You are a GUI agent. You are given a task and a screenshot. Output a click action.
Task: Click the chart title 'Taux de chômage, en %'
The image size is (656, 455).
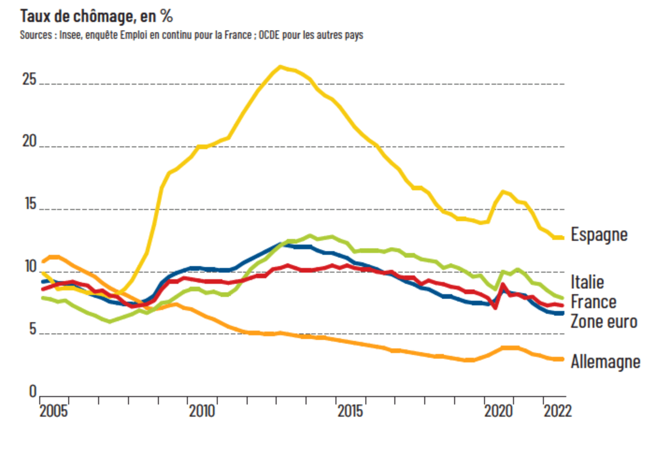tap(96, 16)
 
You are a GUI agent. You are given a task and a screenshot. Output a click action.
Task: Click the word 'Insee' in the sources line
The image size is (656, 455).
tap(70, 35)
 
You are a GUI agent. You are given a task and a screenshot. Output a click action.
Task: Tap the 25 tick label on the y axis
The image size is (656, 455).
tap(29, 79)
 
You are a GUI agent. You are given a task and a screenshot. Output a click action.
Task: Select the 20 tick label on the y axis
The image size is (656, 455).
tap(29, 141)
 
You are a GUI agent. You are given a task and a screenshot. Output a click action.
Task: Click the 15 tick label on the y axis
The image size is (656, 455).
tap(30, 204)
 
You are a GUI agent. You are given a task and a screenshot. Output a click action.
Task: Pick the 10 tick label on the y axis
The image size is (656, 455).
tap(30, 267)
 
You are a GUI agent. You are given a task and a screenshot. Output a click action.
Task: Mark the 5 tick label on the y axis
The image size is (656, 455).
tap(32, 329)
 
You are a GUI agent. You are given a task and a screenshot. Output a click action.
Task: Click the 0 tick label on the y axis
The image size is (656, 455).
tap(33, 391)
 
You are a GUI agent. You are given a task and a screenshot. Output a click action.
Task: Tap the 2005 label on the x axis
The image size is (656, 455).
tap(53, 412)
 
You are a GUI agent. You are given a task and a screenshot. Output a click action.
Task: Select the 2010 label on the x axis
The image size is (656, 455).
tap(202, 412)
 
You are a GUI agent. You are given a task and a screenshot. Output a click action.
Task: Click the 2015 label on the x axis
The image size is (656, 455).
tap(350, 412)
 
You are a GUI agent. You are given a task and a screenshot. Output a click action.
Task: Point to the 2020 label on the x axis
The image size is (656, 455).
tap(498, 412)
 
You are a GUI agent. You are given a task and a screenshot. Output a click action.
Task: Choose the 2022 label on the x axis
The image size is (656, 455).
tap(557, 412)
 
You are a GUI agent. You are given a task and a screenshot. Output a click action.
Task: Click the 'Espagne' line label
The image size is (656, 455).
tap(599, 235)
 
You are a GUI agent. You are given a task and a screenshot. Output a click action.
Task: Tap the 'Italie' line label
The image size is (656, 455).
tap(587, 282)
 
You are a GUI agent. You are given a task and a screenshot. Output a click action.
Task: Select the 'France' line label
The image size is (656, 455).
tap(593, 302)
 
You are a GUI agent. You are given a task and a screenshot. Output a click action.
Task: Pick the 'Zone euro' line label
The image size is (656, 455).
tap(604, 322)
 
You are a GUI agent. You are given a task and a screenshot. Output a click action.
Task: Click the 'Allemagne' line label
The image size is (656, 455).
tap(605, 361)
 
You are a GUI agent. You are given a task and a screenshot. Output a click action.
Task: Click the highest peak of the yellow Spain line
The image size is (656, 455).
tap(280, 67)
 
